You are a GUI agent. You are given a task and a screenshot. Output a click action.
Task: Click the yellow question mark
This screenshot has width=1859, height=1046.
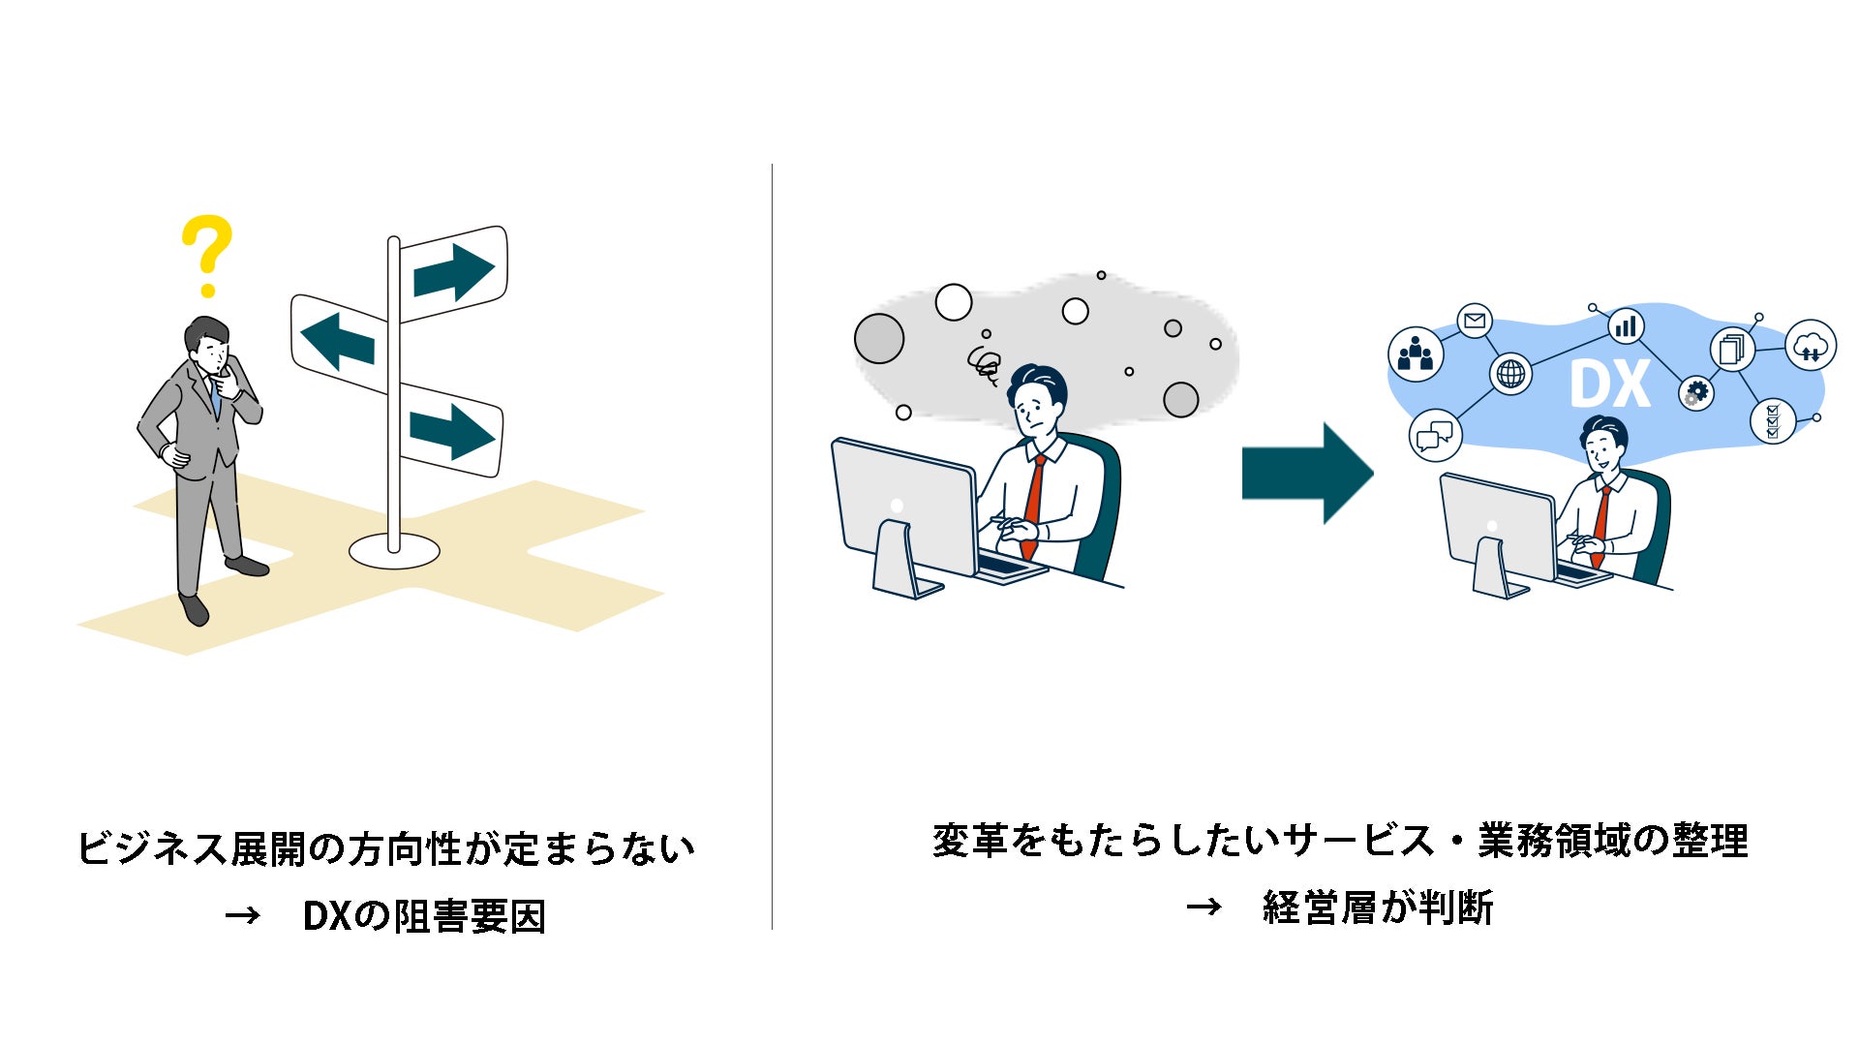(x=207, y=254)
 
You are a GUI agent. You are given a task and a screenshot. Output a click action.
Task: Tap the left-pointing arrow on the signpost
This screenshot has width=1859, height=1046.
(x=337, y=342)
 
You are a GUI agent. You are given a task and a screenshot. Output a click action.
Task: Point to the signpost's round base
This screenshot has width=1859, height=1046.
(x=394, y=552)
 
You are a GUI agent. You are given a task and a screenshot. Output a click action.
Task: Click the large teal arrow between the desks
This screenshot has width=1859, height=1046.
(x=1307, y=474)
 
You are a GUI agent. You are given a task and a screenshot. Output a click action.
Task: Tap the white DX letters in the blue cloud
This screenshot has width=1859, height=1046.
(x=1609, y=385)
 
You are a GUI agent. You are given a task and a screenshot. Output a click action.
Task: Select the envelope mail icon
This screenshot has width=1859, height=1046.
(x=1475, y=321)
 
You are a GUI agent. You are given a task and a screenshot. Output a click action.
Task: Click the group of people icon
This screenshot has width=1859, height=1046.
(x=1416, y=354)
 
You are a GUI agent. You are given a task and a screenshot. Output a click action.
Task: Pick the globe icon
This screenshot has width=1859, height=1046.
(x=1510, y=373)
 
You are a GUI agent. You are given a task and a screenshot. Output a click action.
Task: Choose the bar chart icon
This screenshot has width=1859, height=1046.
(x=1626, y=326)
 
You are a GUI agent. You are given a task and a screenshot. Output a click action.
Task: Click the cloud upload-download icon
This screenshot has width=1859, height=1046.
(x=1810, y=346)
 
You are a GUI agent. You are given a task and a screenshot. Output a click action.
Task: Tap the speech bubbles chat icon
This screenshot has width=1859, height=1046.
(x=1435, y=435)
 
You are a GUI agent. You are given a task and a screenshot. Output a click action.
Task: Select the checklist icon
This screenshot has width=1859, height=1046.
(x=1773, y=421)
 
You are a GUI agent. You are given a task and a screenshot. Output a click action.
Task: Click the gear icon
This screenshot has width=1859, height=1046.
(x=1696, y=393)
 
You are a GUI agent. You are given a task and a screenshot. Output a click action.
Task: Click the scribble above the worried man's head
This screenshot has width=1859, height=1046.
(x=985, y=365)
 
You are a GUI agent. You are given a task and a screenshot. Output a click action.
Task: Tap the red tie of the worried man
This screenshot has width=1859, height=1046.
(x=1034, y=504)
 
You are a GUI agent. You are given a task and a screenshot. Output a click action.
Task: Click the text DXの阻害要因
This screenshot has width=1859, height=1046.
(x=424, y=916)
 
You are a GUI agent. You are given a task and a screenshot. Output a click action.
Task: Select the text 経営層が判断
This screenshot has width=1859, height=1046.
(x=1378, y=908)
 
